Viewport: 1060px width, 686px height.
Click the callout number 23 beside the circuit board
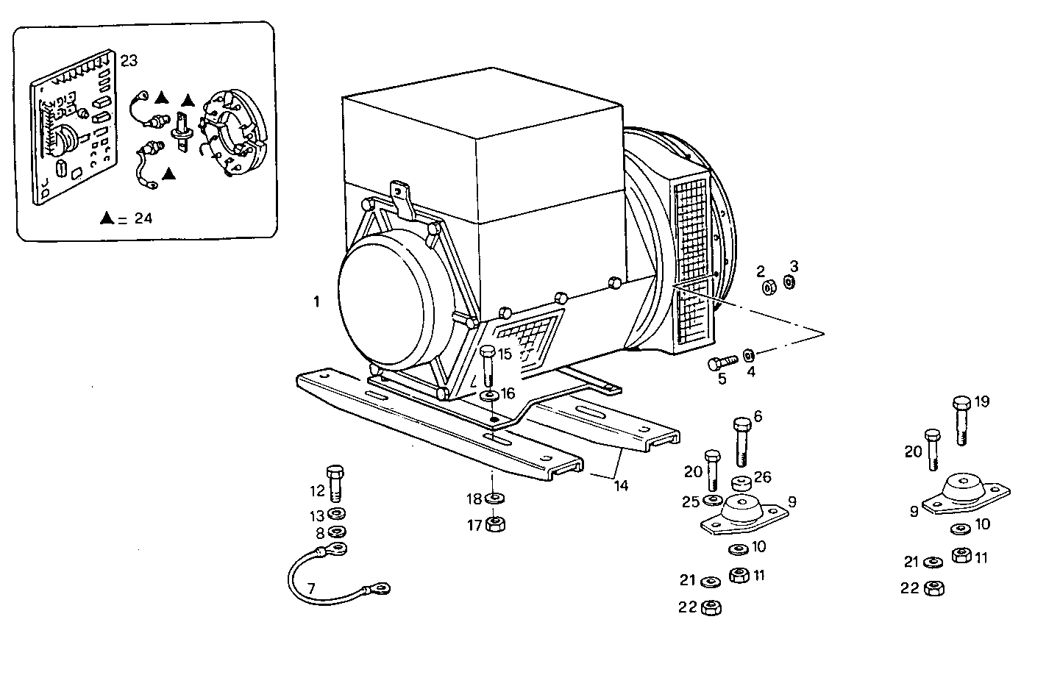click(x=129, y=61)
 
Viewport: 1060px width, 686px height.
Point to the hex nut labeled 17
click(x=495, y=524)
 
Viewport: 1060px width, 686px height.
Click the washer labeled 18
click(x=494, y=499)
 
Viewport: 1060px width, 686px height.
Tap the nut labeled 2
click(x=768, y=287)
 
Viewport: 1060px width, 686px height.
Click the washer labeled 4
click(x=747, y=355)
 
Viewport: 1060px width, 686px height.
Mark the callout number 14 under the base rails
click(x=622, y=486)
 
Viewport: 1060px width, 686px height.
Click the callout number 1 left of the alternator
click(x=316, y=302)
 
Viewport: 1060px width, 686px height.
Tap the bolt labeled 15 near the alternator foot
click(x=488, y=368)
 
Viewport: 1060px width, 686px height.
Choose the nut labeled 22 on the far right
click(x=933, y=587)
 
